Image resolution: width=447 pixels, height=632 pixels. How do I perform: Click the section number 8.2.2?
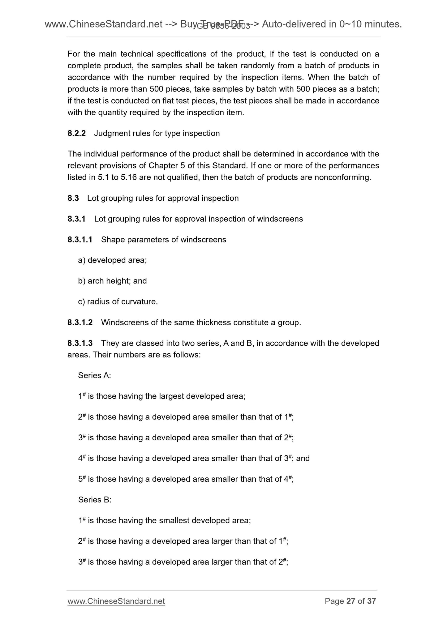pyautogui.click(x=76, y=133)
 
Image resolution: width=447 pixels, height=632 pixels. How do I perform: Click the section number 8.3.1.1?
pyautogui.click(x=80, y=240)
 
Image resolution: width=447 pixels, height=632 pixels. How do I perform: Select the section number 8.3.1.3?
pyautogui.click(x=80, y=343)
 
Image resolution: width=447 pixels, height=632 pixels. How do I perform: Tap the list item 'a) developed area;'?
pyautogui.click(x=112, y=260)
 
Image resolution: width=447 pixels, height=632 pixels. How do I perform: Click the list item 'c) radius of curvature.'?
pyautogui.click(x=118, y=302)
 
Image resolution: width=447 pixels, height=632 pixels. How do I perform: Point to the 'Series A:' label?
pyautogui.click(x=94, y=375)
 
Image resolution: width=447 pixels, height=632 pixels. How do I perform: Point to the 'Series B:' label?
pyautogui.click(x=95, y=500)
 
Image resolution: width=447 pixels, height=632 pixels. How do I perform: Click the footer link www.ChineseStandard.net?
pyautogui.click(x=116, y=601)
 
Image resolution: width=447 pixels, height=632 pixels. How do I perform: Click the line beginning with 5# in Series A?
pyautogui.click(x=186, y=479)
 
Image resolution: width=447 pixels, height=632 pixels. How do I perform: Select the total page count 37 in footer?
pyautogui.click(x=371, y=601)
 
